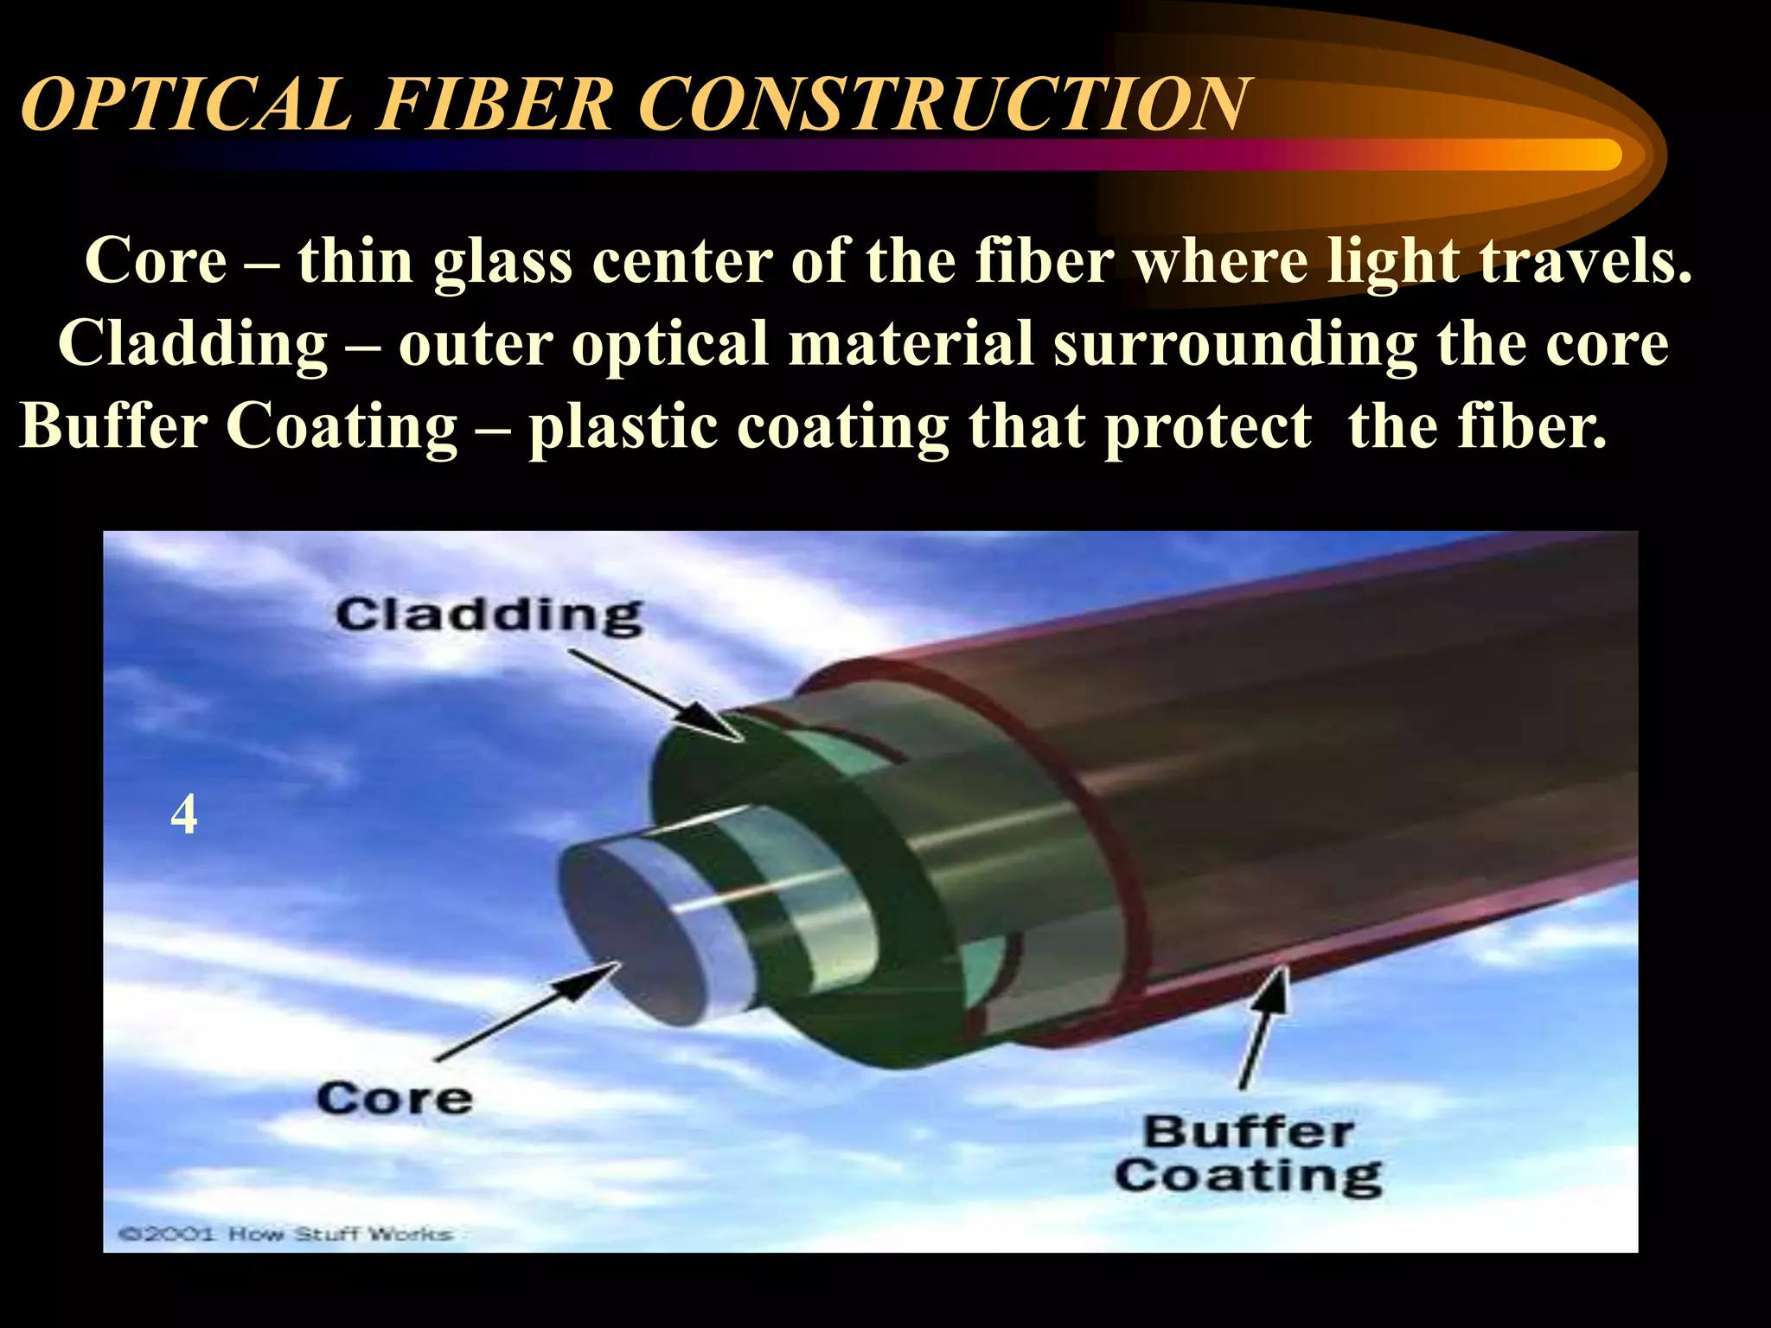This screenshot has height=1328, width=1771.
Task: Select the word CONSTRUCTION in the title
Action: click(x=942, y=105)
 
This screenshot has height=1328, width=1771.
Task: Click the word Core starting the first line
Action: click(x=156, y=260)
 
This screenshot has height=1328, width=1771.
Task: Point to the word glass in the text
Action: click(x=502, y=262)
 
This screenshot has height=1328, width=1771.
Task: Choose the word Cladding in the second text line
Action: click(x=193, y=345)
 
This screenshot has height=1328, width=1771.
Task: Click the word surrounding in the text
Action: click(x=1234, y=345)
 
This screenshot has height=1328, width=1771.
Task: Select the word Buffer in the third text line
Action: click(x=112, y=426)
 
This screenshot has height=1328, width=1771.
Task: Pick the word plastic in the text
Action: click(x=623, y=428)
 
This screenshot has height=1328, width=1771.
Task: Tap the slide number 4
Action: click(x=183, y=814)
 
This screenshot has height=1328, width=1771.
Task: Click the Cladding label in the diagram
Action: click(x=489, y=616)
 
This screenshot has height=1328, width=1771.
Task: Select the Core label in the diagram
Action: click(x=393, y=1100)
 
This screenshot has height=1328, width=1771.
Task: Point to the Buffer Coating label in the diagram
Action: click(x=1248, y=1154)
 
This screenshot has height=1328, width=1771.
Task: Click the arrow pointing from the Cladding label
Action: click(x=657, y=696)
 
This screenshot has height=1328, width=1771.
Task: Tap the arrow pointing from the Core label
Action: click(x=527, y=1012)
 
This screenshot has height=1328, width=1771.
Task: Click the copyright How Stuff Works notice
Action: click(x=285, y=1234)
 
